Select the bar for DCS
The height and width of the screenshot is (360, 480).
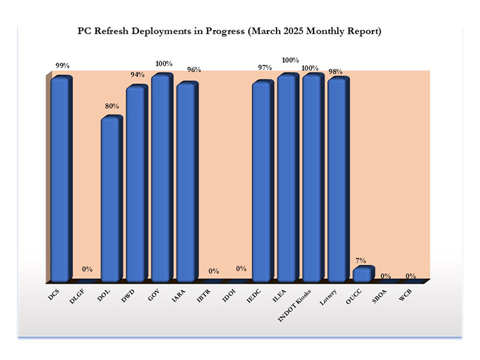[61, 179]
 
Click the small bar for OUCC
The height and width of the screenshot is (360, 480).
[362, 274]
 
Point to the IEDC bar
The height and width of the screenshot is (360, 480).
[262, 182]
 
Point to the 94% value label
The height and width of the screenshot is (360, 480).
[138, 75]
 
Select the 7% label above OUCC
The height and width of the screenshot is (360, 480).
[361, 260]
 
